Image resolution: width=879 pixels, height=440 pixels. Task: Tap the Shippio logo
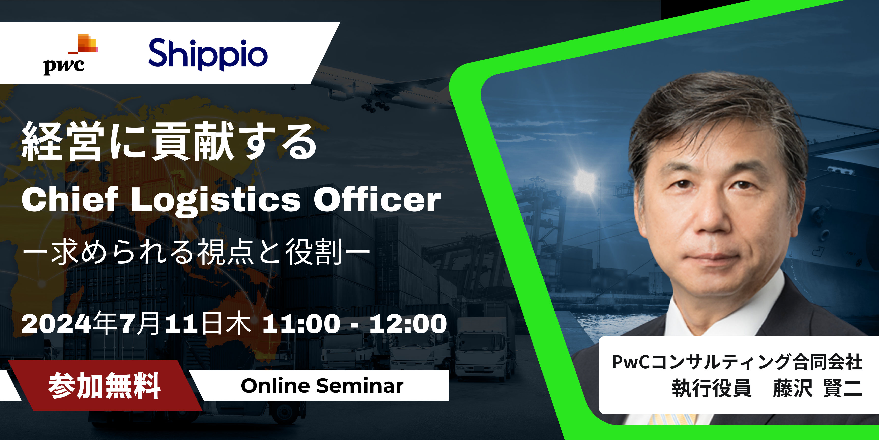tap(208, 55)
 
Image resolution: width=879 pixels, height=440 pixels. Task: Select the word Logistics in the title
tap(216, 202)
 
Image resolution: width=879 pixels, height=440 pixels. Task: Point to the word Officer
tap(377, 200)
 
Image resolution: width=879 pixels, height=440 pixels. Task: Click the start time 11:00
tap(301, 324)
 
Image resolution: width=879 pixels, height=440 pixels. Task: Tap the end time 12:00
tap(408, 324)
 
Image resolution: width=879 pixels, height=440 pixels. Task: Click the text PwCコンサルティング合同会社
tap(737, 362)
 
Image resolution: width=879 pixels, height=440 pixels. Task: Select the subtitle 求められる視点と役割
tap(196, 252)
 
